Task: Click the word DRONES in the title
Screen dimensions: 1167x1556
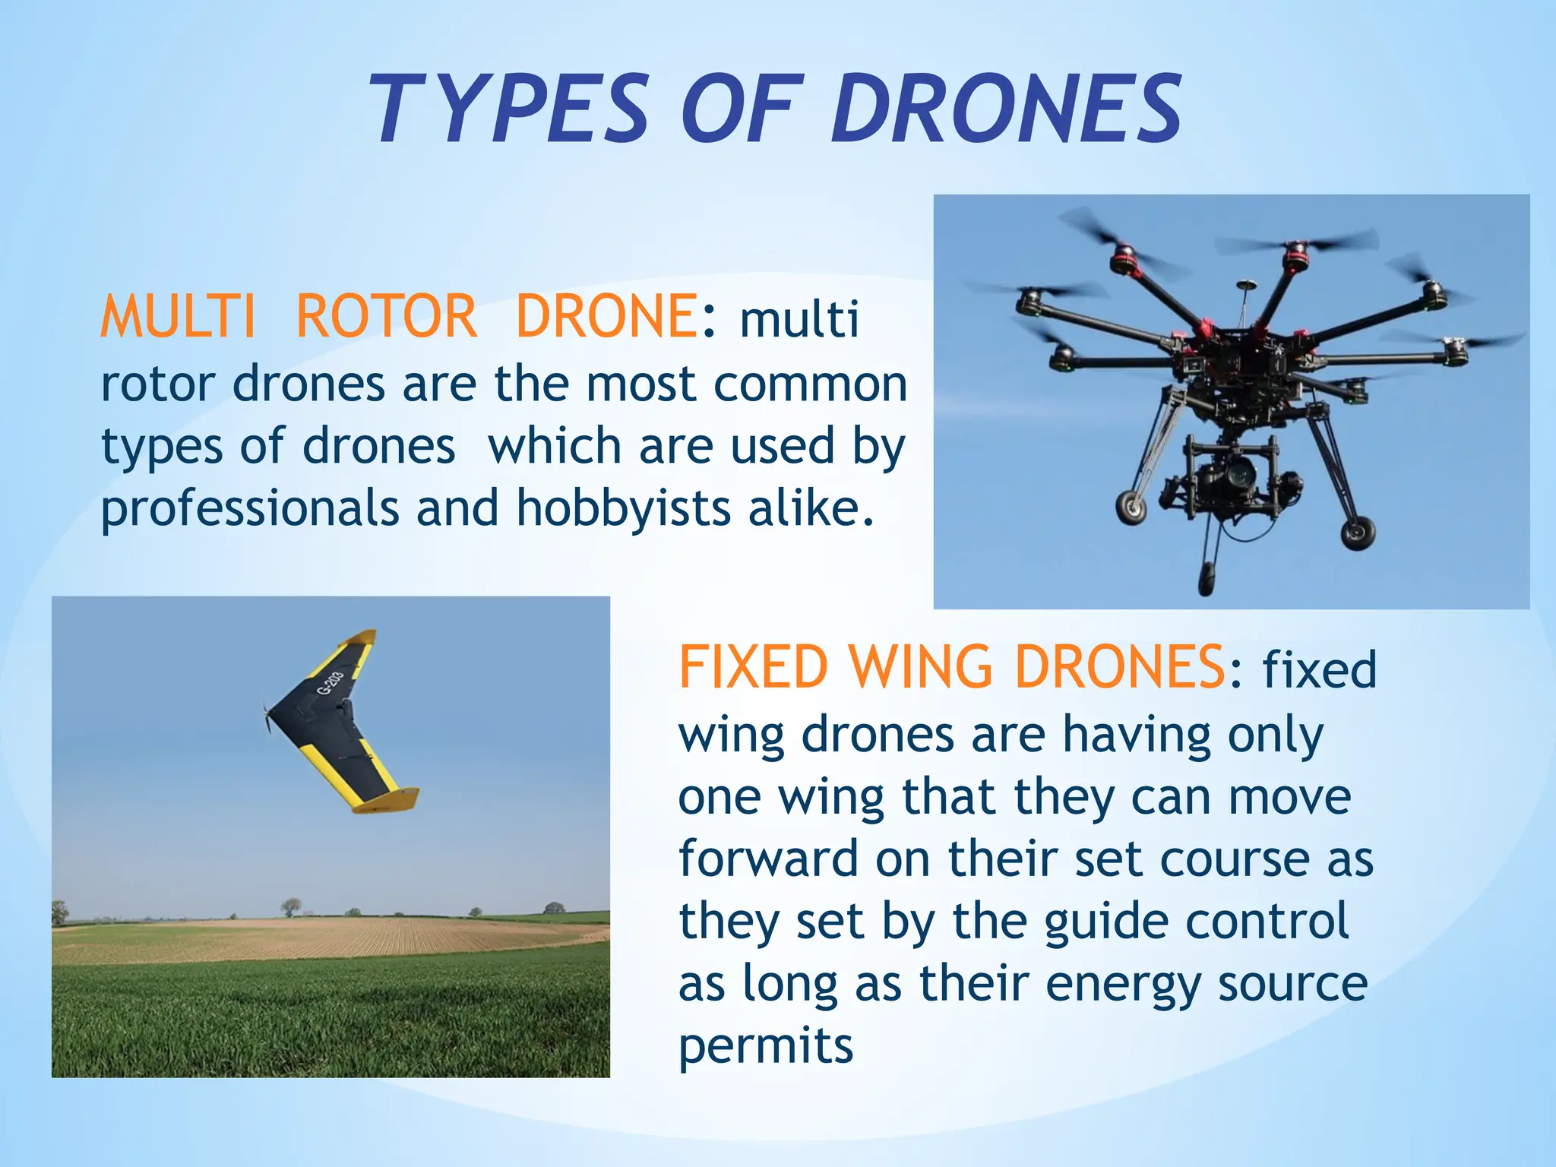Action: tap(1007, 109)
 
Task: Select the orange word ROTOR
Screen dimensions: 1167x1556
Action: tap(386, 318)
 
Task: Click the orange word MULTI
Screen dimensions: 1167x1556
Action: tap(178, 318)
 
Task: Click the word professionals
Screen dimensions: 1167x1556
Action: tap(250, 509)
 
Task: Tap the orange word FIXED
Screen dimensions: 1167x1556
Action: tap(753, 667)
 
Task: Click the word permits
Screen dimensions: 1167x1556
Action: tap(766, 1047)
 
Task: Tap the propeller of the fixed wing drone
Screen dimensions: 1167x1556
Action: tap(267, 718)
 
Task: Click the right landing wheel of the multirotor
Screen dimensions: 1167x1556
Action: tap(1357, 533)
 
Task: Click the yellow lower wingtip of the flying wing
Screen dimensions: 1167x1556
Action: tap(387, 799)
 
